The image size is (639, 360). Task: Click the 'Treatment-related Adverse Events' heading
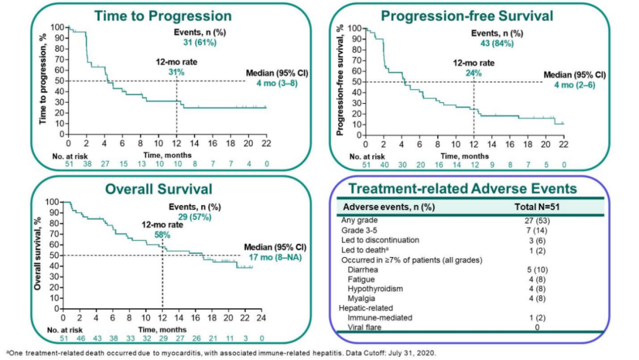pyautogui.click(x=461, y=189)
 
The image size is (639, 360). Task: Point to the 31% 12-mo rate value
pyautogui.click(x=177, y=72)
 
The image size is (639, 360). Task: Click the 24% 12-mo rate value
pyautogui.click(x=473, y=73)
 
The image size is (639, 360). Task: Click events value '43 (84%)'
pyautogui.click(x=488, y=43)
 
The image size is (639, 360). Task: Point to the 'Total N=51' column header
pyautogui.click(x=535, y=207)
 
